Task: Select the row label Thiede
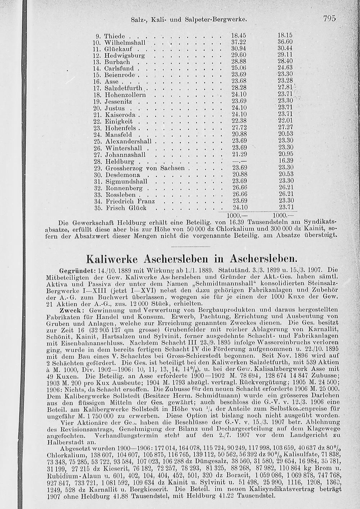[114, 36]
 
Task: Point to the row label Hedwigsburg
[124, 56]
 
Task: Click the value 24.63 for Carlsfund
[286, 68]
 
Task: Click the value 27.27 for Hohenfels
[286, 128]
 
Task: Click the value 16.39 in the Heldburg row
[286, 161]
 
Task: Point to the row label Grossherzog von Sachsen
[145, 168]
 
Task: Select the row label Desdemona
[122, 174]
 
